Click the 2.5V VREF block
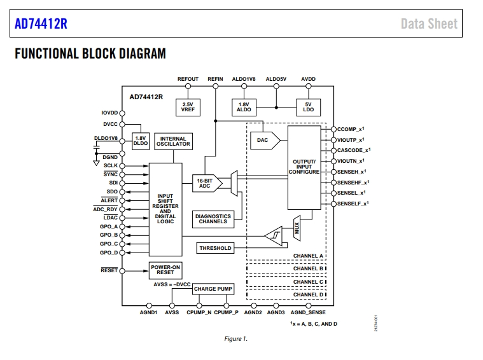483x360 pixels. click(188, 107)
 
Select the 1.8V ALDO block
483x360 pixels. click(244, 107)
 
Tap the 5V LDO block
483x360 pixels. click(309, 107)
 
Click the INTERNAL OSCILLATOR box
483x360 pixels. click(174, 141)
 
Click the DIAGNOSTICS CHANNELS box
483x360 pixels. click(213, 219)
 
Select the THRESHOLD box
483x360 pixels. click(215, 248)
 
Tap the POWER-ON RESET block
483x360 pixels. click(165, 270)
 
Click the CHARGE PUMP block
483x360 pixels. click(213, 289)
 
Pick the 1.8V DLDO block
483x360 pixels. click(141, 141)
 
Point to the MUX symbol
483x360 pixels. click(297, 228)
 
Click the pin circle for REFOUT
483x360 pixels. click(188, 87)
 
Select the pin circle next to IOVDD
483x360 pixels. click(122, 113)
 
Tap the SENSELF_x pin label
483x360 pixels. click(353, 204)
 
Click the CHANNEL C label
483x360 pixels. click(308, 282)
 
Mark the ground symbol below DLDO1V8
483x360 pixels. click(97, 163)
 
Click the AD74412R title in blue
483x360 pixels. click(41, 24)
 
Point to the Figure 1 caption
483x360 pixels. click(235, 339)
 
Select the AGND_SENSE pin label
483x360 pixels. click(308, 312)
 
